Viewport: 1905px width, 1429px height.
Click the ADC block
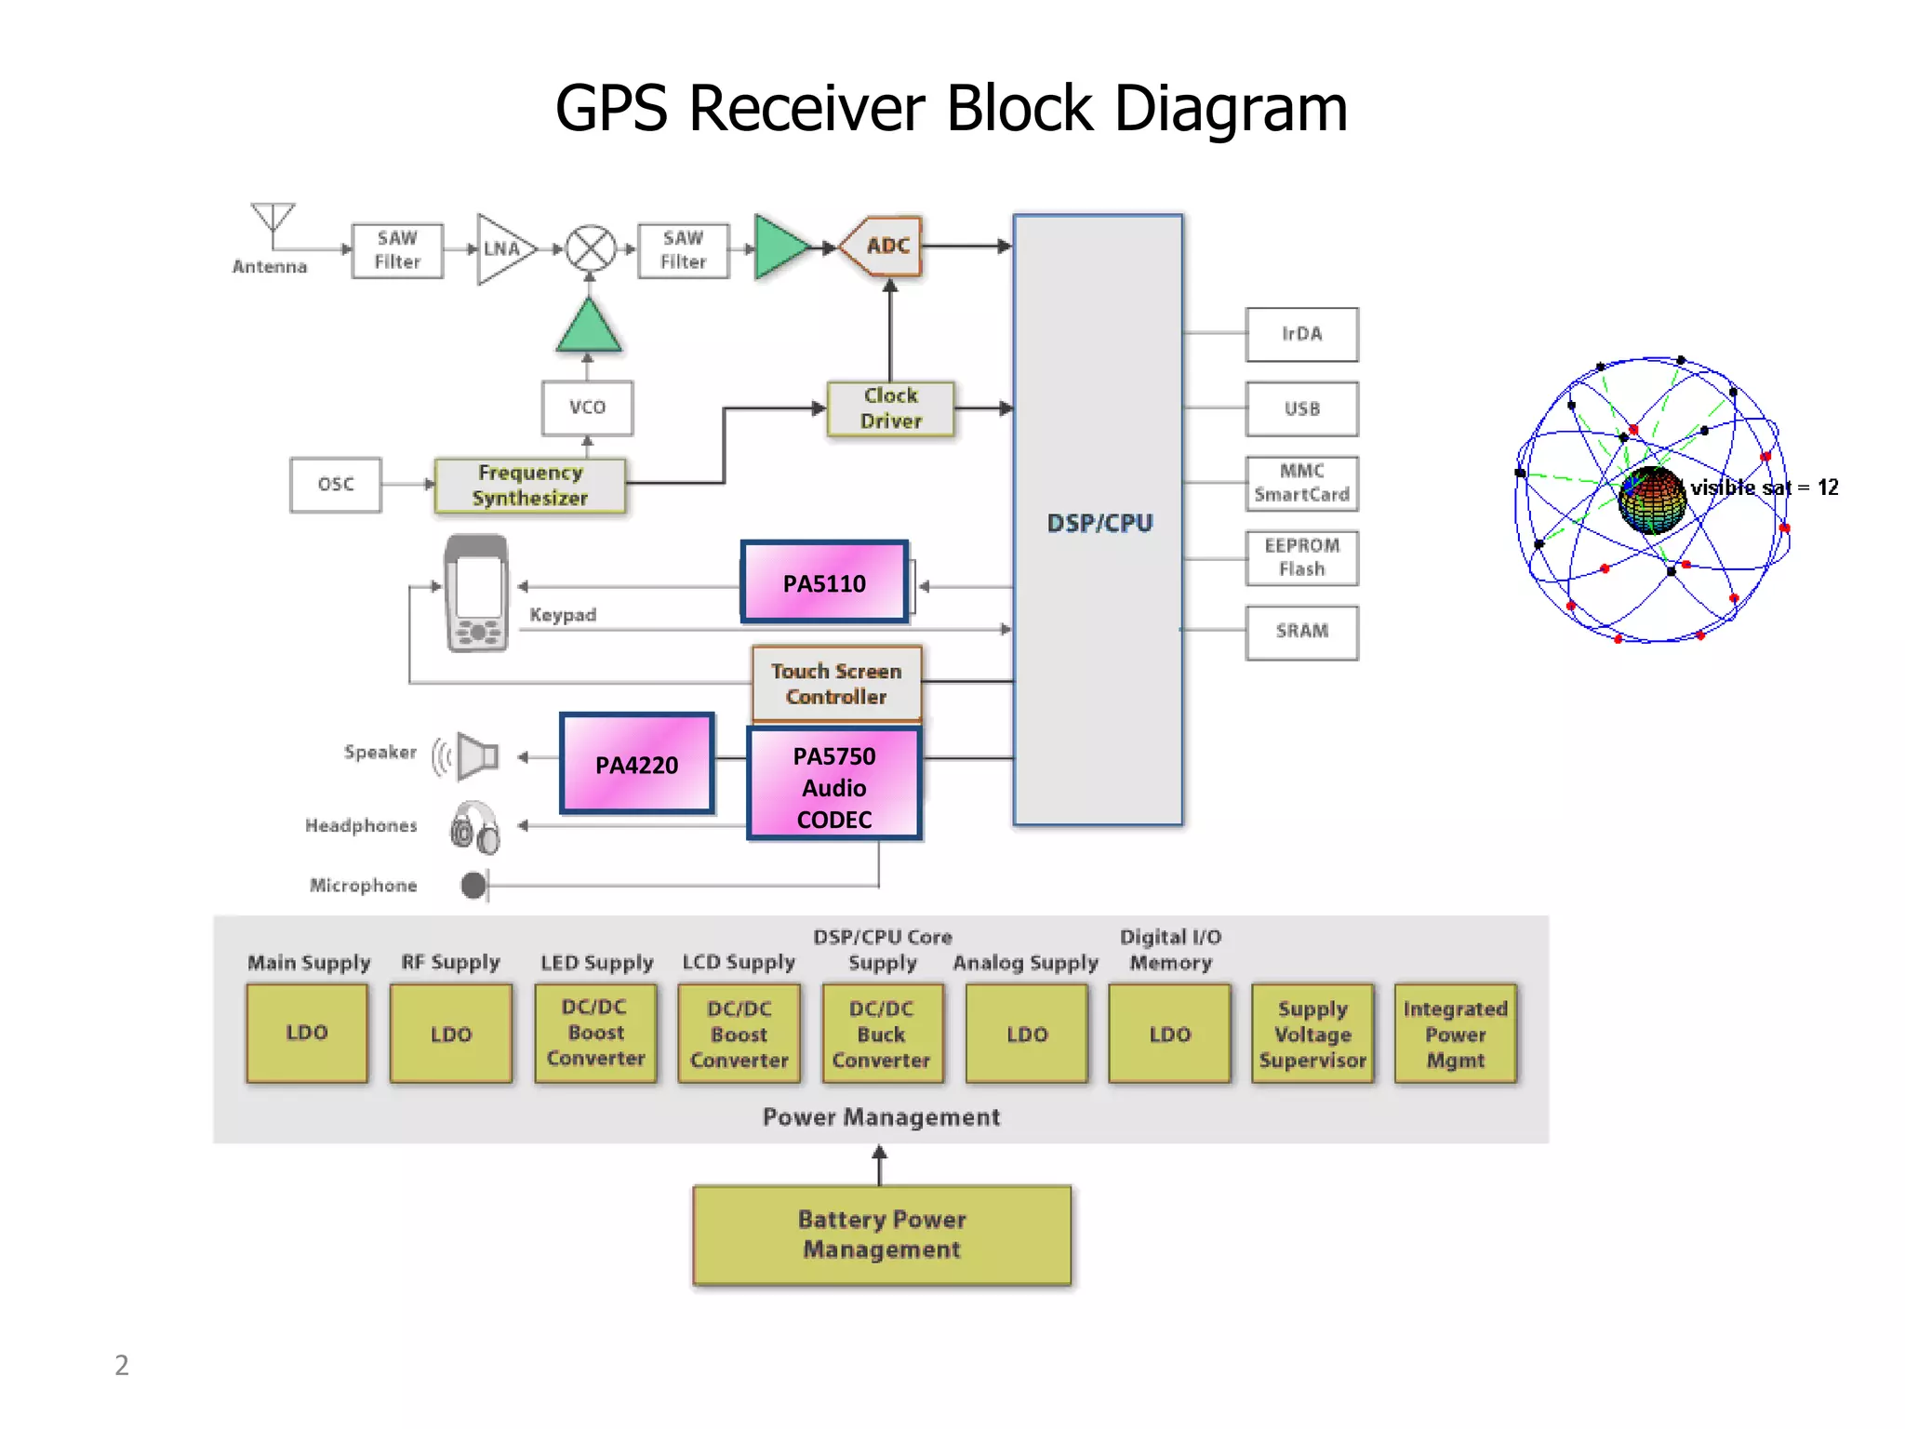[x=884, y=246]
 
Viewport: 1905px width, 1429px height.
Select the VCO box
[x=587, y=407]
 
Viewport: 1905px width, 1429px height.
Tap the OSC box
[x=335, y=485]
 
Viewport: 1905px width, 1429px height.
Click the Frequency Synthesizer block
[x=530, y=485]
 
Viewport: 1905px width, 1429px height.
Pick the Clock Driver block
[x=890, y=408]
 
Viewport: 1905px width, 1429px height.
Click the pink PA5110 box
[x=824, y=583]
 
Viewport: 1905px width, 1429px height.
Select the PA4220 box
[x=637, y=764]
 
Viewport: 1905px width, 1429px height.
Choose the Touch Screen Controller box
[x=835, y=684]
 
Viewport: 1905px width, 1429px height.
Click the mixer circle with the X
[x=591, y=248]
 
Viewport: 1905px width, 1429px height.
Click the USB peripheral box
[x=1301, y=408]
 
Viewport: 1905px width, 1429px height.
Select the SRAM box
[x=1301, y=631]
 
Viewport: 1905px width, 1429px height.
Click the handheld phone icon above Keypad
[x=476, y=593]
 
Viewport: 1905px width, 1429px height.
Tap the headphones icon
[x=475, y=827]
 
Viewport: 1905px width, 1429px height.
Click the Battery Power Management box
[x=881, y=1235]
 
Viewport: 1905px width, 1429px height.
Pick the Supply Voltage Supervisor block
[x=1312, y=1034]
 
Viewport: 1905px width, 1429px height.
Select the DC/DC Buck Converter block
[x=881, y=1034]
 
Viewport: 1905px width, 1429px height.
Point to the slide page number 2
[x=122, y=1365]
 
